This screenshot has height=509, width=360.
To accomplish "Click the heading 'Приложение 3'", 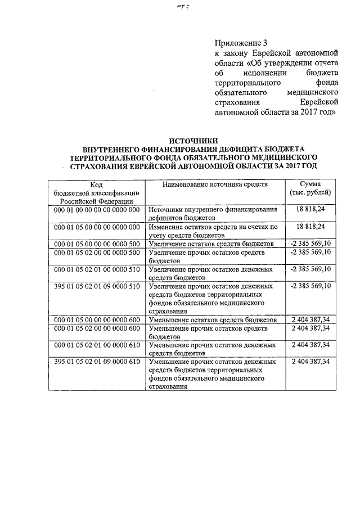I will click(x=239, y=43).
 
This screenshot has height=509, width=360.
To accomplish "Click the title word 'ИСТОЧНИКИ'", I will click(x=193, y=141).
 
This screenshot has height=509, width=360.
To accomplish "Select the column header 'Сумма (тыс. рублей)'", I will click(x=310, y=188).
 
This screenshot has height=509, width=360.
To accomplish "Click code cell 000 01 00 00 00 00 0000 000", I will click(x=96, y=209).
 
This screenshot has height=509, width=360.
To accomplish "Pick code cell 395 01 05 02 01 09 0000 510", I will click(x=96, y=286).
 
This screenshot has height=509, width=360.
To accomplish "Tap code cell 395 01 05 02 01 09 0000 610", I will click(x=96, y=362).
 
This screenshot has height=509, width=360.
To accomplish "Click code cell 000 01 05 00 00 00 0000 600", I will click(x=96, y=320).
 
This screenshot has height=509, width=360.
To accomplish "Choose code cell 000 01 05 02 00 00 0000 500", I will click(x=96, y=253).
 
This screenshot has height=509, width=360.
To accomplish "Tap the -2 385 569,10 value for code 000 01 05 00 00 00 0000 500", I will click(x=310, y=244).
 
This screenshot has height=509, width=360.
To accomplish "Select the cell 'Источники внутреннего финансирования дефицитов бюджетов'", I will click(x=214, y=213).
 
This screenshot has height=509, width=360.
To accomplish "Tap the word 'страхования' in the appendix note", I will click(x=237, y=102).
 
